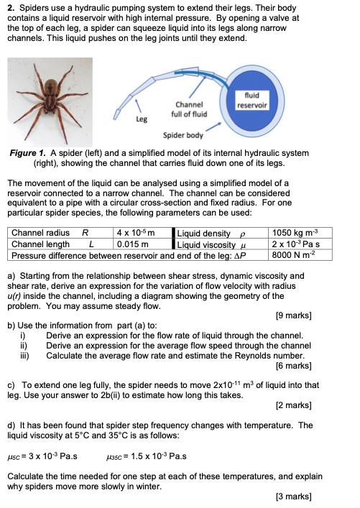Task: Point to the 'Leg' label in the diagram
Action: click(142, 120)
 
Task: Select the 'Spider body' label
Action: click(181, 134)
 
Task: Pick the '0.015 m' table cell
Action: click(131, 244)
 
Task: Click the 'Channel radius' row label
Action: click(42, 233)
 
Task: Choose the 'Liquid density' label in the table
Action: click(206, 233)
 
